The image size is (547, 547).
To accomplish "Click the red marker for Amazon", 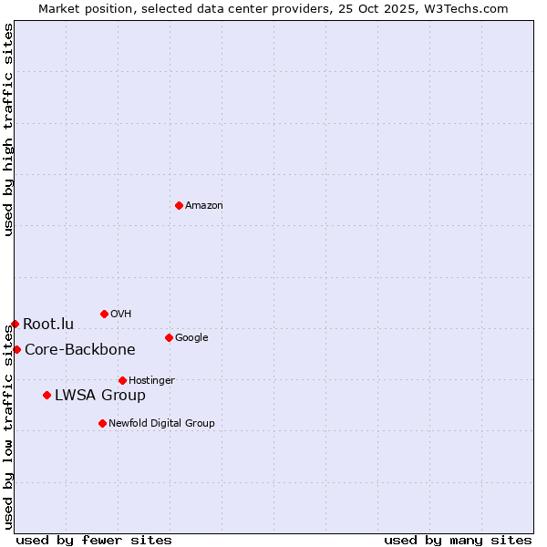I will click(179, 205).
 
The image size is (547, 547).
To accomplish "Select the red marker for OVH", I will click(104, 314).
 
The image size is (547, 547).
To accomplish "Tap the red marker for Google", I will click(169, 337).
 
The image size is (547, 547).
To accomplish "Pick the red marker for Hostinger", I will click(122, 380).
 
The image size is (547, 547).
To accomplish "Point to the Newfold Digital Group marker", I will click(102, 423).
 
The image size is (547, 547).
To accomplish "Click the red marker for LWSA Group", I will click(46, 395).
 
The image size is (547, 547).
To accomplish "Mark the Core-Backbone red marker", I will click(16, 349).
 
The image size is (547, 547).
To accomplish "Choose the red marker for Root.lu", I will click(15, 324).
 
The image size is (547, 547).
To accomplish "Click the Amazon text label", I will click(204, 206).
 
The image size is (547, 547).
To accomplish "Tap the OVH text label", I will click(121, 315).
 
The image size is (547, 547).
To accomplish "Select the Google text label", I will click(191, 338).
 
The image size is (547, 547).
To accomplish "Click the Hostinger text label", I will click(151, 381).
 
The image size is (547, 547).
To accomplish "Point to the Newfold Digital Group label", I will click(161, 424).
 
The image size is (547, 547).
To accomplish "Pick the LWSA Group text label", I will click(100, 396).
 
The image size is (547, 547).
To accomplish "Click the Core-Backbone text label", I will click(80, 350).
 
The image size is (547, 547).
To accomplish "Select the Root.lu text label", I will click(48, 325).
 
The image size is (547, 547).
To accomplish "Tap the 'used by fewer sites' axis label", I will click(94, 540).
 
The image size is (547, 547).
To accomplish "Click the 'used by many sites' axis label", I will click(458, 540).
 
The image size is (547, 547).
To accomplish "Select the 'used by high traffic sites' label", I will click(8, 129).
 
